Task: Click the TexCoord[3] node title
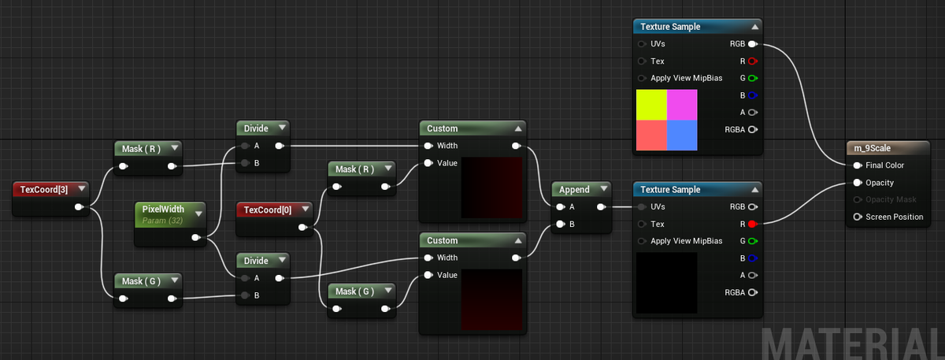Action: pos(44,190)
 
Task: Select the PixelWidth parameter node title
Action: pos(163,209)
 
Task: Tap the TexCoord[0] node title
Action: pos(268,210)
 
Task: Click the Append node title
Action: pos(574,190)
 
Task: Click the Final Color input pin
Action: pos(858,165)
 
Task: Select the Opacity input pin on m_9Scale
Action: pos(858,183)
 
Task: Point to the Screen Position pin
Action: pos(858,217)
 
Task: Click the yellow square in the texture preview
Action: pos(651,105)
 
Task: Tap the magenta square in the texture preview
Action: pos(682,105)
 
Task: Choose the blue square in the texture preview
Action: pos(682,135)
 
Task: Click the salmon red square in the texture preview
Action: pos(651,135)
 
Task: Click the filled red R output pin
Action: pos(753,224)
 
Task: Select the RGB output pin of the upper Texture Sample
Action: pos(753,44)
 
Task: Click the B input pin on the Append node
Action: pos(560,224)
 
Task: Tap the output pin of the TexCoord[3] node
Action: pos(79,207)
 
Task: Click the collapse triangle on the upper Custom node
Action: pos(518,128)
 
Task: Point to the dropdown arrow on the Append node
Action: pos(604,188)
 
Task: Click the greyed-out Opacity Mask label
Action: pos(891,199)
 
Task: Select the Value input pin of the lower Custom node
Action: pos(428,275)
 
